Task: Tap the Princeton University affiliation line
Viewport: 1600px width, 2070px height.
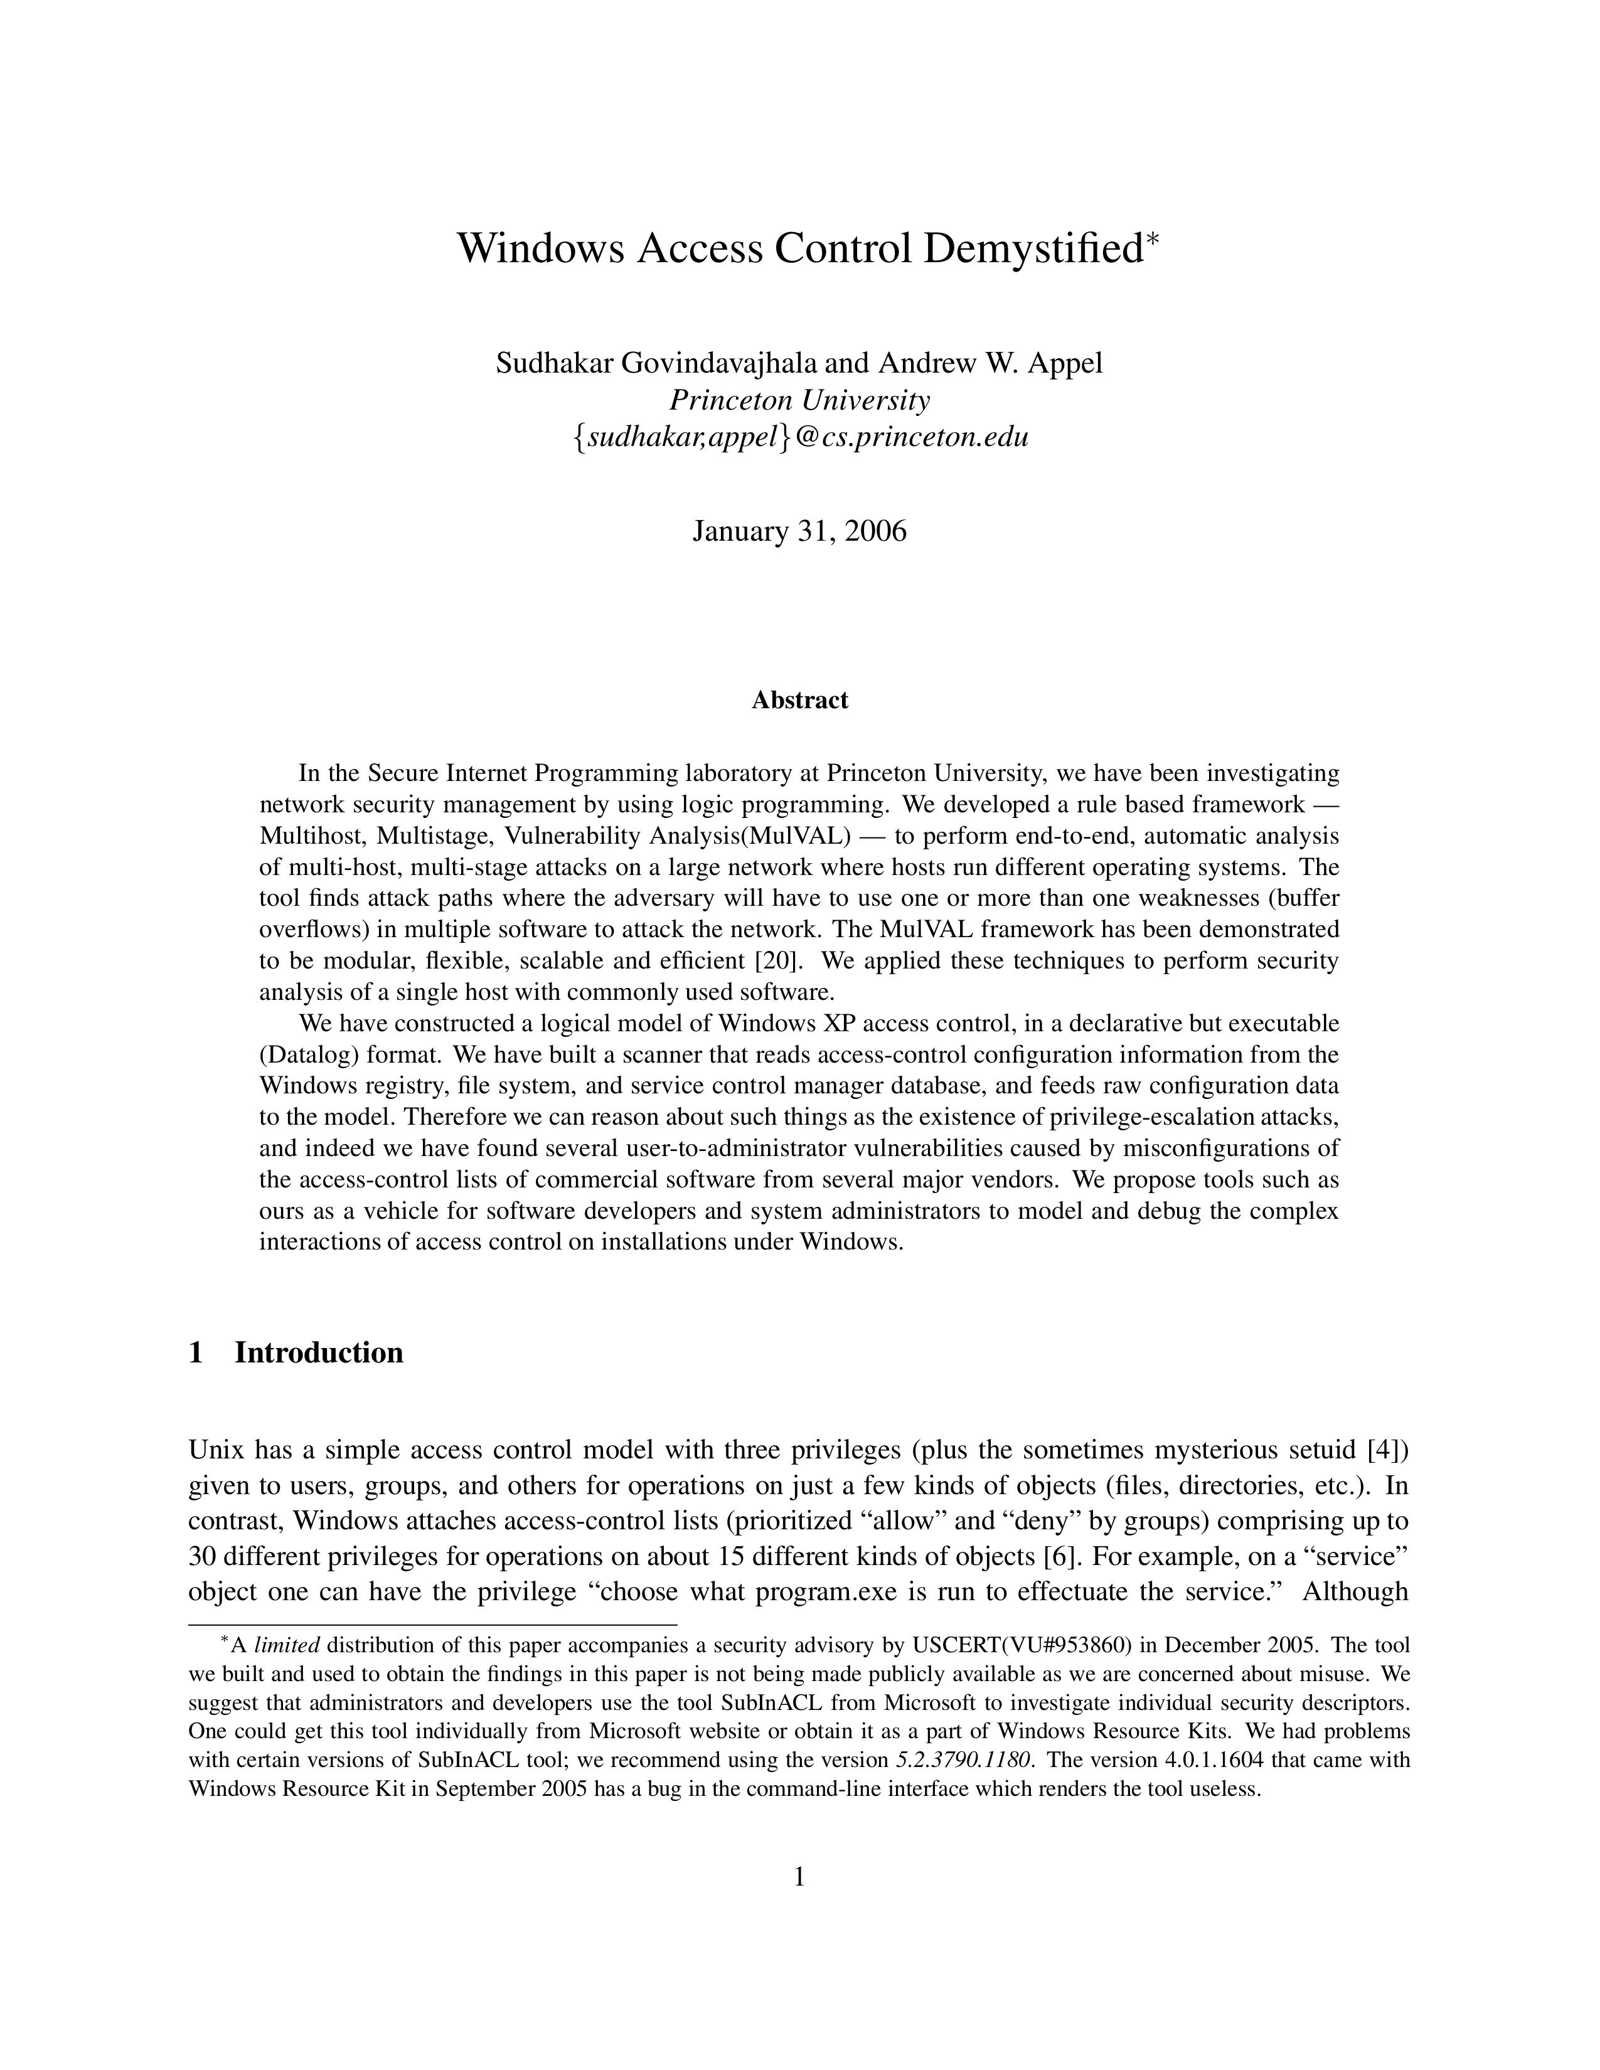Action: point(799,400)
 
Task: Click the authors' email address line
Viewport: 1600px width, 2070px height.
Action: point(799,437)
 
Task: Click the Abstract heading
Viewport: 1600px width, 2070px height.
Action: point(799,701)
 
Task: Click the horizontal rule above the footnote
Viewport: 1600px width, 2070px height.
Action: point(432,1625)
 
